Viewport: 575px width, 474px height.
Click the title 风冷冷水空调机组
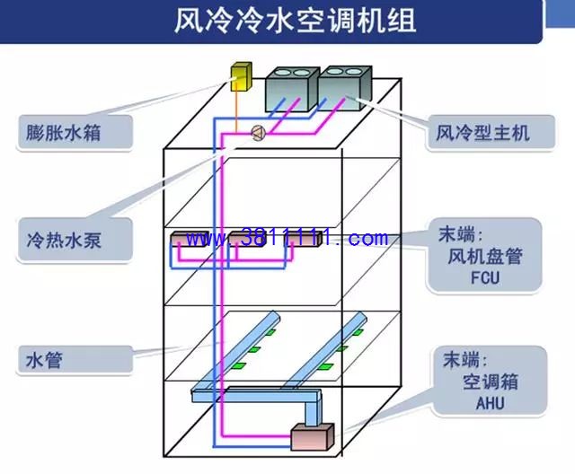pos(296,20)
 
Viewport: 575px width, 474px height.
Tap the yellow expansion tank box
pos(241,76)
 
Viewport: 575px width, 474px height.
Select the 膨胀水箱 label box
pos(74,133)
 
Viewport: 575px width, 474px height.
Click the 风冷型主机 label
pos(491,133)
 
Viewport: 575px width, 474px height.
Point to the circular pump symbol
pos(259,133)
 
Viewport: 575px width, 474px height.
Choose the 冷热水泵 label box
pos(74,240)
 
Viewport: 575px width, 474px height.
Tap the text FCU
pos(485,277)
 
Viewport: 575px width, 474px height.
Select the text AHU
pos(490,403)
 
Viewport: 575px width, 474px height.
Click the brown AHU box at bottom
pos(313,437)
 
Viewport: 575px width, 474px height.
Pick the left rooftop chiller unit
pos(292,90)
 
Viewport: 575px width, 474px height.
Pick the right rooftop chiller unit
pos(345,89)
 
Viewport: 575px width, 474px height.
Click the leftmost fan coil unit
pos(190,239)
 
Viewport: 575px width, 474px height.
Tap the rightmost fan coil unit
pos(303,239)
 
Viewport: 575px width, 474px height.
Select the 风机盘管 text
pos(485,256)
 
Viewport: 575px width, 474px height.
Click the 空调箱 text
pos(490,382)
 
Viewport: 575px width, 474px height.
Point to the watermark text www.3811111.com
pos(287,238)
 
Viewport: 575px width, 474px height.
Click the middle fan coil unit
pos(246,239)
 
